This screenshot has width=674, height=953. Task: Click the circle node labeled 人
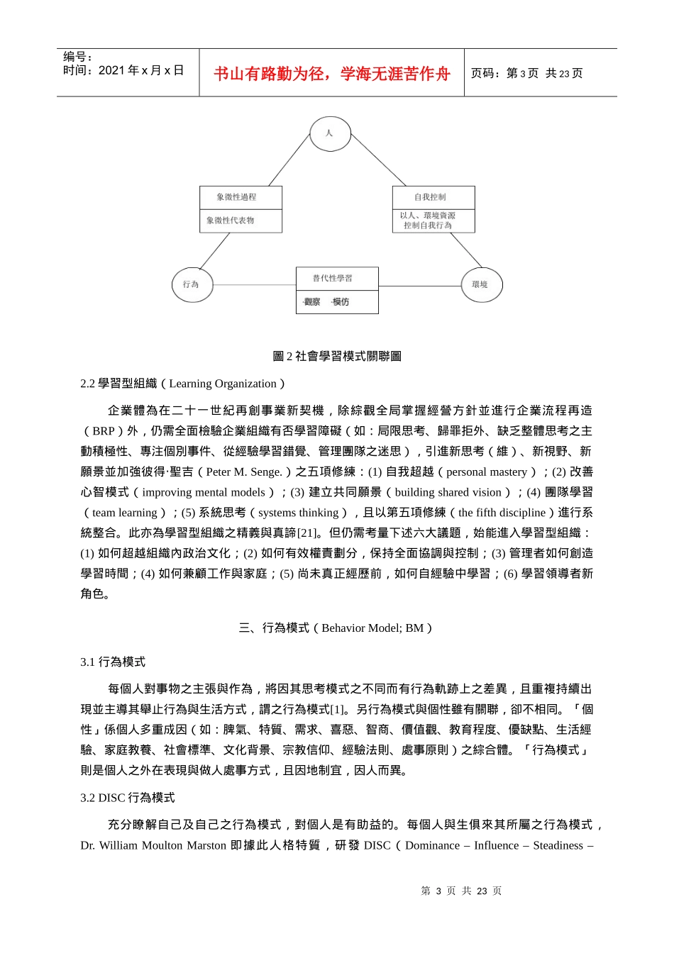330,133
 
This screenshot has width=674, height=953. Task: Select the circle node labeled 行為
192,284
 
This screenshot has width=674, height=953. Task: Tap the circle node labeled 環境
482,284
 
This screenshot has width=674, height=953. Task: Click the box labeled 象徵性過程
241,197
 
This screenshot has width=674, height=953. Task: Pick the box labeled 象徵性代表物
241,221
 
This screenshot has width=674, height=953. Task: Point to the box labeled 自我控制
433,197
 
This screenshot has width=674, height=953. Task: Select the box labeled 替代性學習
337,278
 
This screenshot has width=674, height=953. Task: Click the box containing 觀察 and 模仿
337,302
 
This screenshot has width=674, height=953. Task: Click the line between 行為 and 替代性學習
254,285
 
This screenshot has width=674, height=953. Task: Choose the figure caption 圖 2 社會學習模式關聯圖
337,356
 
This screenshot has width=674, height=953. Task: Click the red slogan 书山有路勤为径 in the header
331,74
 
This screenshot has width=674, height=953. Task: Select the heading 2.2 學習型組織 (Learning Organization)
182,384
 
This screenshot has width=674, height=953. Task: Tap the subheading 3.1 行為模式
113,662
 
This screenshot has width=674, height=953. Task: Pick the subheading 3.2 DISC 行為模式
128,798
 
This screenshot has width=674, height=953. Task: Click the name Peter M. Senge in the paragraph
244,472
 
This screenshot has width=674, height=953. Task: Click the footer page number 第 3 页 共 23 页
461,891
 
